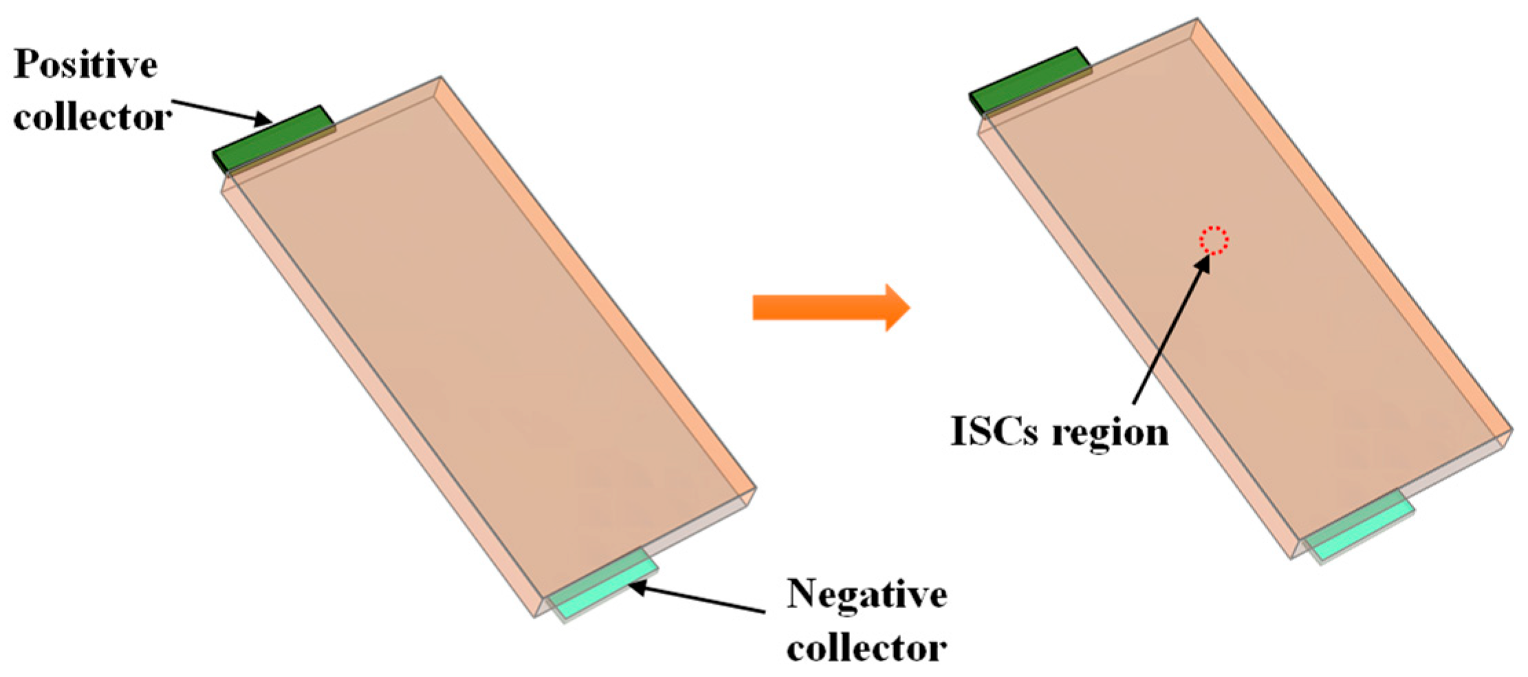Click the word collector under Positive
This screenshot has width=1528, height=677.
point(92,118)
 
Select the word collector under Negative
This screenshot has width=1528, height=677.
point(866,648)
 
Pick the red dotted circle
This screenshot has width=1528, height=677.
point(1214,241)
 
